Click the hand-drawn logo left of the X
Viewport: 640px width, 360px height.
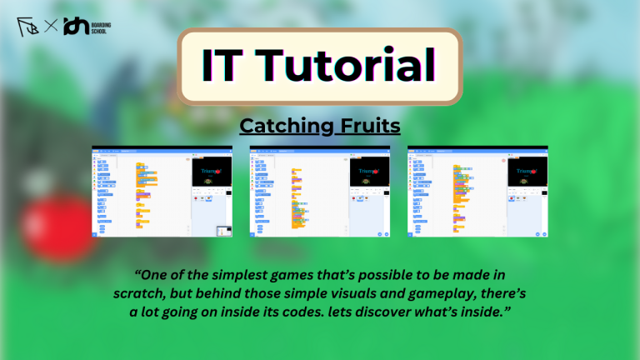click(28, 27)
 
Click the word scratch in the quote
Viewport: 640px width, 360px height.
click(137, 295)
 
